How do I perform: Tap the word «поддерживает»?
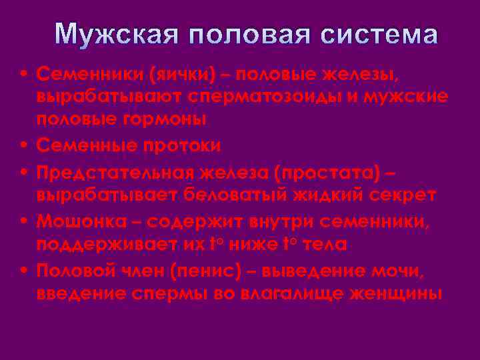point(107,244)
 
